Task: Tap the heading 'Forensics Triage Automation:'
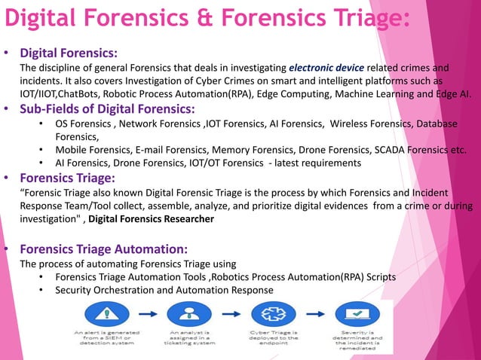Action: click(103, 249)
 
